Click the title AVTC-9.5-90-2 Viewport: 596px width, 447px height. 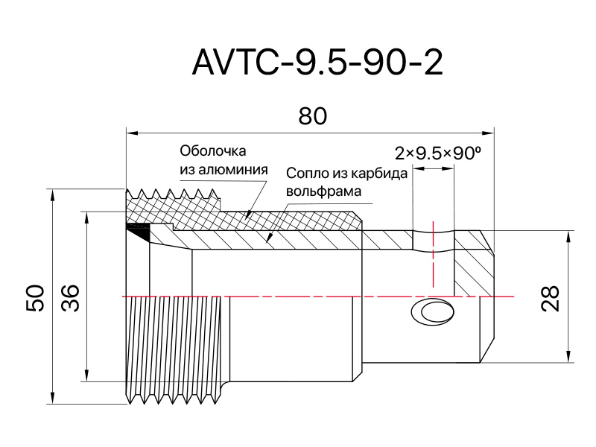coord(317,63)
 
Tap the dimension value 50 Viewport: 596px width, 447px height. coord(36,297)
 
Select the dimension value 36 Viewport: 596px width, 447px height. coord(70,297)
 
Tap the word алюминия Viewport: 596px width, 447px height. coord(234,169)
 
